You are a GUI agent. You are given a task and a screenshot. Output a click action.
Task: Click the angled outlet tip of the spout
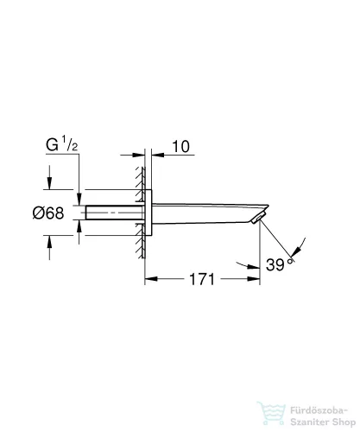click(257, 221)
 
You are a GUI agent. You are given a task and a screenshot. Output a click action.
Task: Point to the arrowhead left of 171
click(149, 280)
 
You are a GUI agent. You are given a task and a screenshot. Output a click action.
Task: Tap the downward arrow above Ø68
click(49, 184)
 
